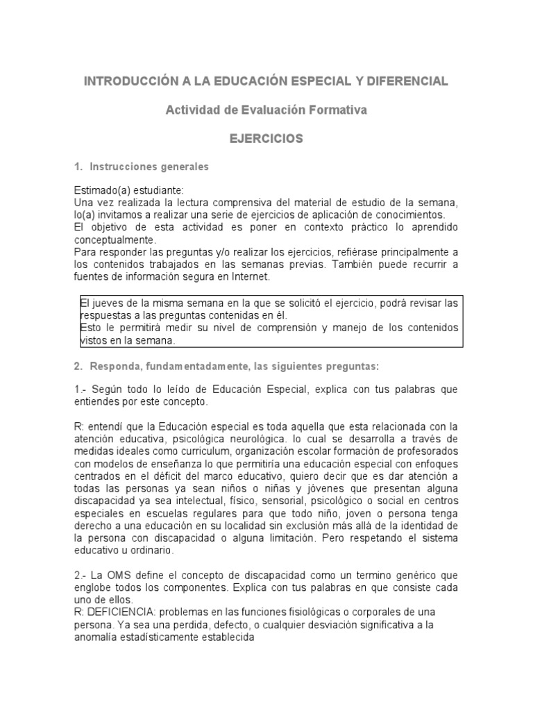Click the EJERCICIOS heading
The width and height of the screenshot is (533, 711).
(266, 139)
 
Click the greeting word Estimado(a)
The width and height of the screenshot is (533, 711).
(101, 190)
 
